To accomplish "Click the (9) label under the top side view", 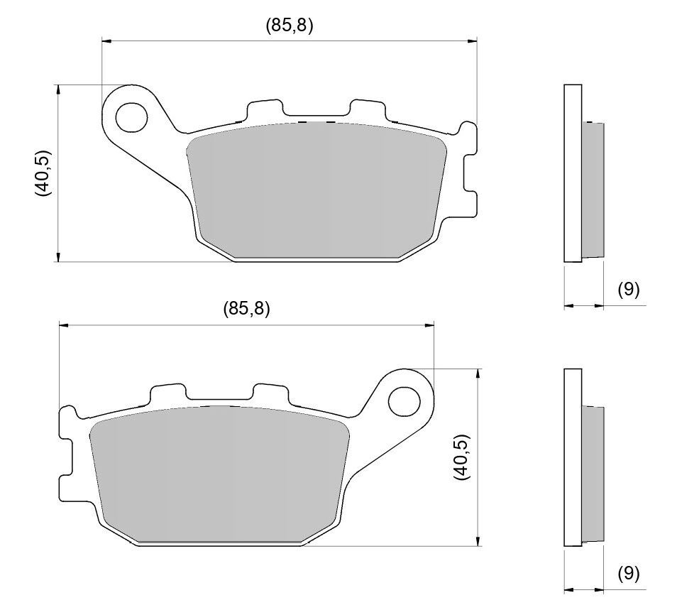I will coord(628,289).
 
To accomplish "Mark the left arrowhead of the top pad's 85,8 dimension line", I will coord(106,42).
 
